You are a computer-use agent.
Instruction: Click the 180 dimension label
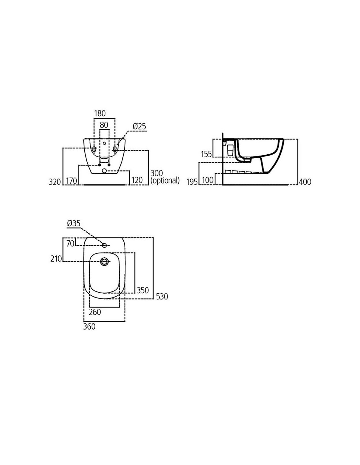click(100, 113)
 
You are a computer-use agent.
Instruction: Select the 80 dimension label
click(104, 125)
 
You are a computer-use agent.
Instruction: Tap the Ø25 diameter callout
click(139, 126)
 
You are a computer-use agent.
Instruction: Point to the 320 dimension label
click(55, 182)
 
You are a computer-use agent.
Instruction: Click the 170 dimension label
click(72, 181)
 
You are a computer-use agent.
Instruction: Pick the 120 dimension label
click(137, 180)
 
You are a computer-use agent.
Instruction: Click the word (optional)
click(165, 181)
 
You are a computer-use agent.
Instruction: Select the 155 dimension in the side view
click(207, 154)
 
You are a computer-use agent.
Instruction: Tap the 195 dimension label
click(192, 182)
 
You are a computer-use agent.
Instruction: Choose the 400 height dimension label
click(305, 182)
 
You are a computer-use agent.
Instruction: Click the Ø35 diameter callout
click(74, 224)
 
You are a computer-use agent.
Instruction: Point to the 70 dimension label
click(70, 244)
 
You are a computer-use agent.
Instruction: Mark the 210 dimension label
click(56, 259)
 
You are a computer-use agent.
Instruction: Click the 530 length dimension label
click(162, 297)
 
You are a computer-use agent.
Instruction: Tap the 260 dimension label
click(95, 312)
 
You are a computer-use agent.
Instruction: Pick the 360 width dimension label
click(89, 327)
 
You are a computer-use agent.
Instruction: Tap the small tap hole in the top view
click(104, 246)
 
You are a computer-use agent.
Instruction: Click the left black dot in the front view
click(99, 165)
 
